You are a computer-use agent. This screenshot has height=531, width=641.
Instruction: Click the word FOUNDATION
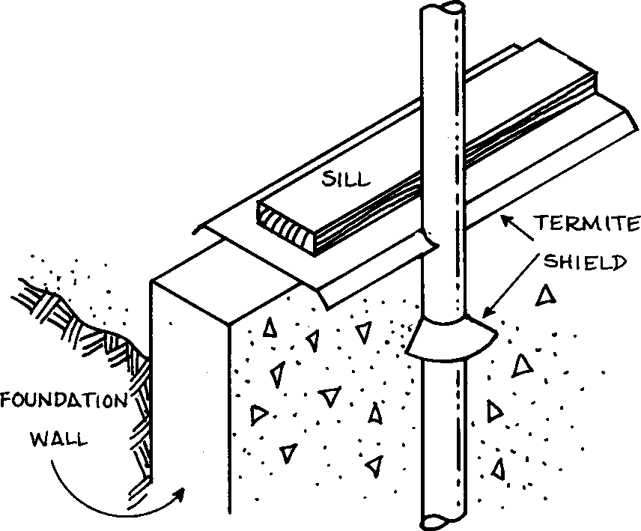click(64, 400)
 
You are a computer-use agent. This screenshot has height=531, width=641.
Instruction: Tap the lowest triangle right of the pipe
click(496, 469)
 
